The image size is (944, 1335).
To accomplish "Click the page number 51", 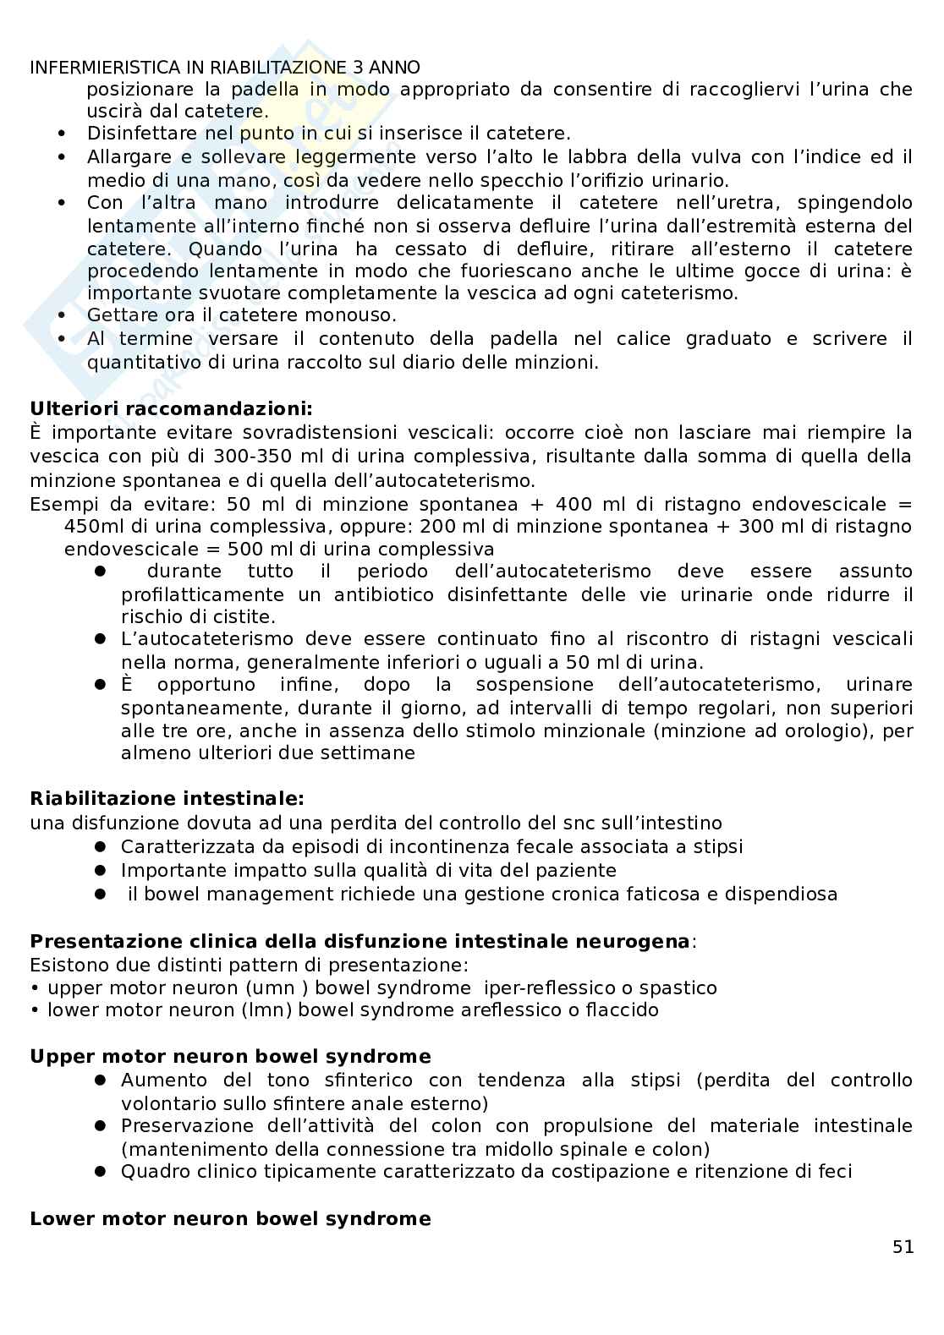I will click(x=903, y=1247).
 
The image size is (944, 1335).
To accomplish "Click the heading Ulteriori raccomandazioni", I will click(x=171, y=409).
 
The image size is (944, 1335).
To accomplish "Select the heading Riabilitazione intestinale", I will click(x=167, y=799).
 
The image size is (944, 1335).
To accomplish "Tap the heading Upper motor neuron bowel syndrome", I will click(x=230, y=1057).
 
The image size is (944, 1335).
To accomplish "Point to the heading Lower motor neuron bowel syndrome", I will click(x=230, y=1219).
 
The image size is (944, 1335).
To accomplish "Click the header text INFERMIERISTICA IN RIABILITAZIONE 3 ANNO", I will click(x=224, y=68).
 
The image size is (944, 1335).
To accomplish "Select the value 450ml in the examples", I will click(x=91, y=526).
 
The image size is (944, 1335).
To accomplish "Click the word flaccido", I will click(x=622, y=1010).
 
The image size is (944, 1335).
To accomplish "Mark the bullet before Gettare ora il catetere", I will click(x=61, y=316).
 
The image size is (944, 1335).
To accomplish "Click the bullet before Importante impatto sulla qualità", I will click(x=99, y=870).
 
